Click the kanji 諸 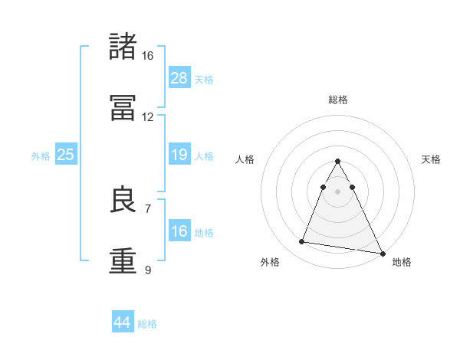coord(123,47)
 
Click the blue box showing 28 coord(179,78)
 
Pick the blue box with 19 coord(179,155)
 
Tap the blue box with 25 coord(66,155)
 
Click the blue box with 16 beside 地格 coord(179,231)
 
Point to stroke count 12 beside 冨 coord(148,117)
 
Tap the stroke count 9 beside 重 coord(148,270)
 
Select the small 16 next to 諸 coord(148,56)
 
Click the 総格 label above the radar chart coord(338,100)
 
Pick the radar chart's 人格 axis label coord(245,159)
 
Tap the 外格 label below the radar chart coord(270,262)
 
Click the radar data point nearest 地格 coord(383,254)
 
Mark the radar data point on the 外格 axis coord(302,242)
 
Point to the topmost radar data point coord(338,162)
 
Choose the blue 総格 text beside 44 coord(147,324)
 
